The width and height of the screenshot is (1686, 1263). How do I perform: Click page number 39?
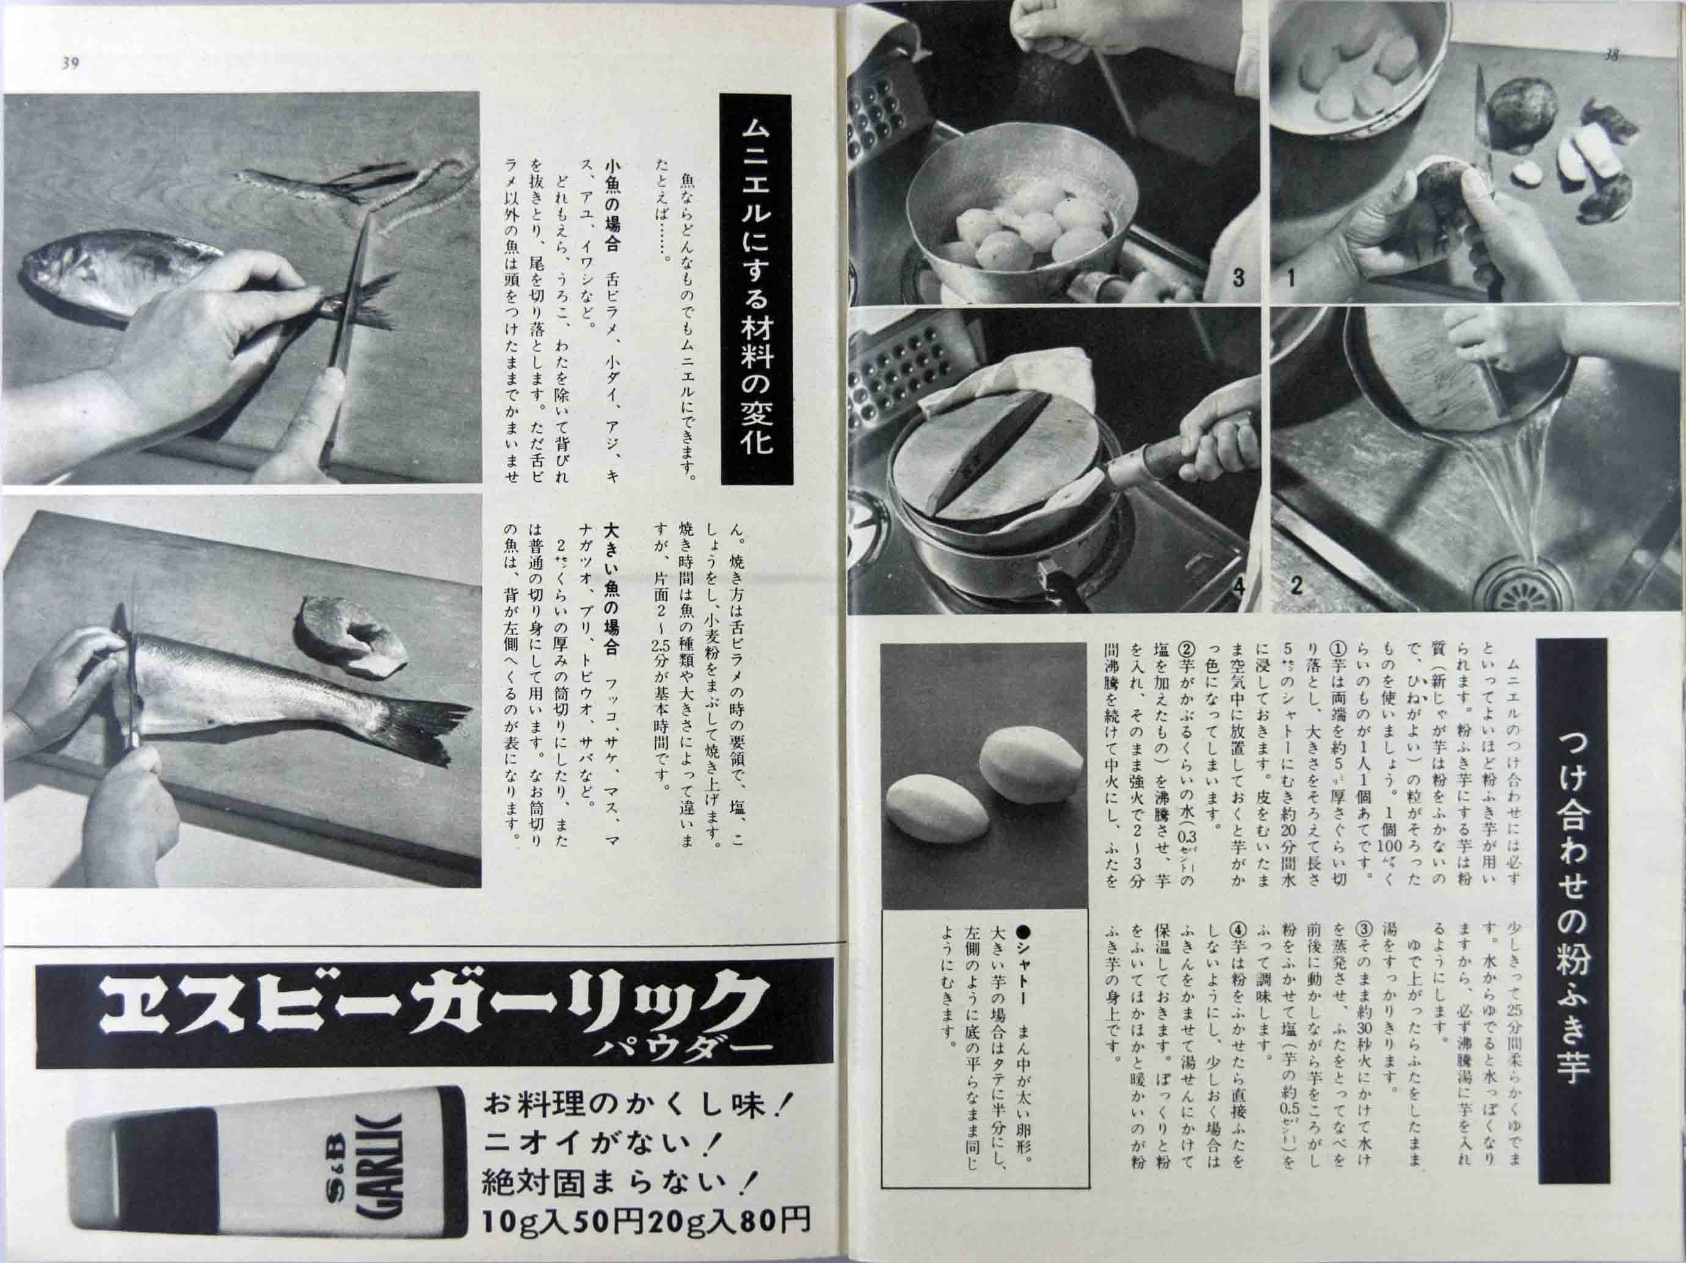pyautogui.click(x=70, y=64)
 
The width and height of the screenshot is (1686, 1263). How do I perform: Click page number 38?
pyautogui.click(x=1612, y=55)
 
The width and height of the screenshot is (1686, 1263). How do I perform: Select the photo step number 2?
pyautogui.click(x=1296, y=587)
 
